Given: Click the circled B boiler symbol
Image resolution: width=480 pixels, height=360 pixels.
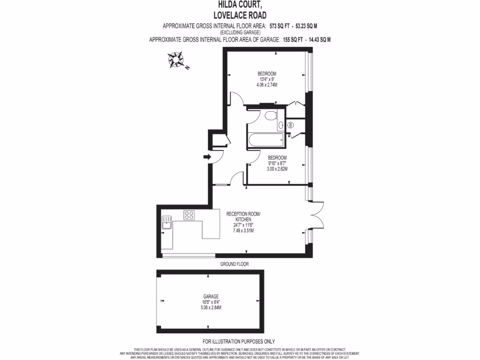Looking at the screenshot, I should pos(290,125).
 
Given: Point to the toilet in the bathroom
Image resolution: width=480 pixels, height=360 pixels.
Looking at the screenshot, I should pos(270,116).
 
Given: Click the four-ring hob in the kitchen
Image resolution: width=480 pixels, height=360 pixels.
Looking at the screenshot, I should pos(189,215).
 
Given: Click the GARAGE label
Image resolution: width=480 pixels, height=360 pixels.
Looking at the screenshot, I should pos(211,296).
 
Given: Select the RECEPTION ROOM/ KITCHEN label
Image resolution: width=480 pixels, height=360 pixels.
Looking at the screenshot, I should pos(243,217).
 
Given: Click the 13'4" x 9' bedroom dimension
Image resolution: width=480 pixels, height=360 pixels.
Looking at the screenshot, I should pos(267,79).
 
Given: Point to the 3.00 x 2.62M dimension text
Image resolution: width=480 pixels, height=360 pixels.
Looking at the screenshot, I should pos(277,169).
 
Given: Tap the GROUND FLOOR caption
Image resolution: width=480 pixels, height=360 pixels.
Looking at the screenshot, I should pos(234,264).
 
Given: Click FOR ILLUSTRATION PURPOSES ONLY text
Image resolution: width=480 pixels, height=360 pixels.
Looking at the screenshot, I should pos(239,342).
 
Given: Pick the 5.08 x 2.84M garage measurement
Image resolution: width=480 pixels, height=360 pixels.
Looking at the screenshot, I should pos(211,307).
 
